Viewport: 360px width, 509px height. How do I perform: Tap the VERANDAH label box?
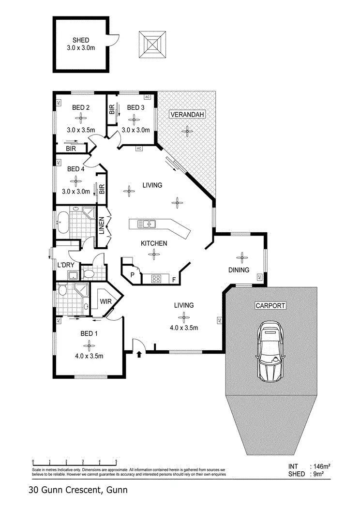pos(187,114)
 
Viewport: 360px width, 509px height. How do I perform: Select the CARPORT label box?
pos(270,305)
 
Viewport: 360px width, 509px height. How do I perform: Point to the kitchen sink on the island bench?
pos(146,224)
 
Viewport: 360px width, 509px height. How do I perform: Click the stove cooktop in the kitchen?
pos(157,278)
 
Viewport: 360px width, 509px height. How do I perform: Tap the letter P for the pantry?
pos(132,275)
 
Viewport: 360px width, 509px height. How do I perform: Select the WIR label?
pos(106,301)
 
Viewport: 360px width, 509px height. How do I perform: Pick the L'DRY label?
pos(65,265)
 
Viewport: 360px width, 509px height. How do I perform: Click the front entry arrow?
pos(139,355)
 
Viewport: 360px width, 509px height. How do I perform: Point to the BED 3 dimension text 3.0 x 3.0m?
pos(135,130)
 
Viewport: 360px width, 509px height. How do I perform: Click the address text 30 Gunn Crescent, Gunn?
pos(77,490)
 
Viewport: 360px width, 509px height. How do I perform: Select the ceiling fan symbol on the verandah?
pos(186,130)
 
